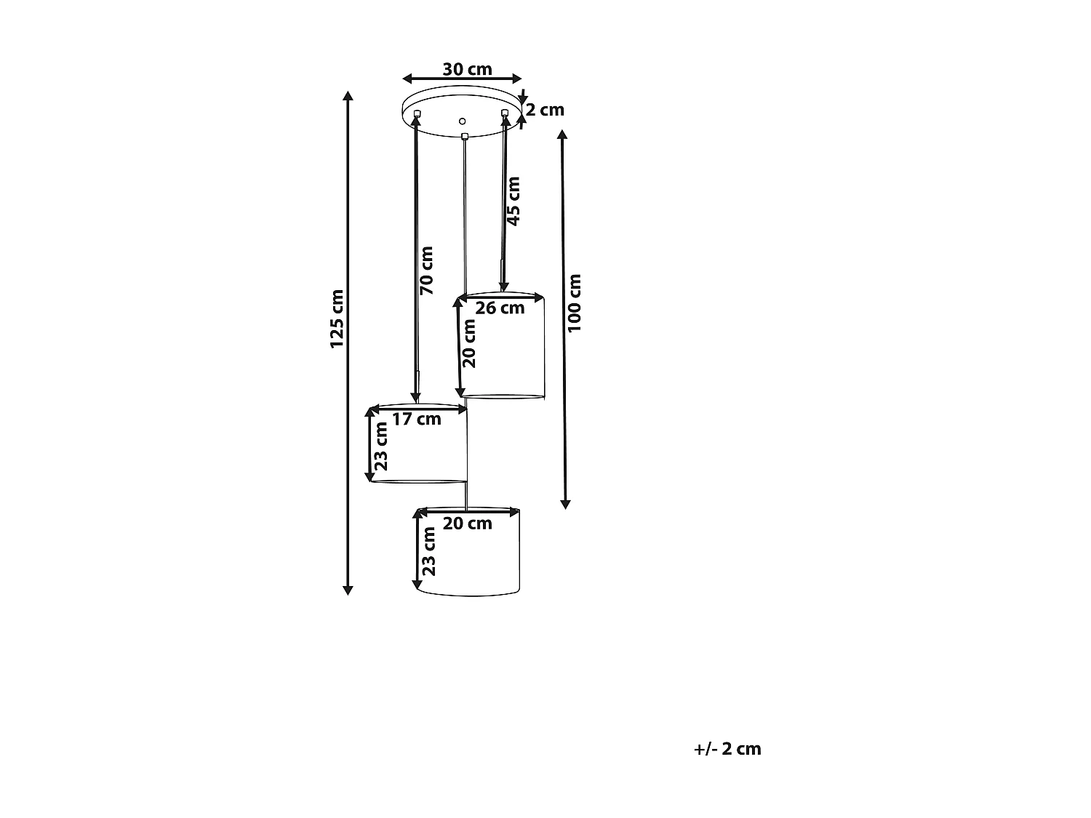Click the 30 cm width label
pyautogui.click(x=467, y=70)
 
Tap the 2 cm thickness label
pyautogui.click(x=545, y=110)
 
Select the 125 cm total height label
pyautogui.click(x=337, y=319)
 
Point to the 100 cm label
pyautogui.click(x=574, y=303)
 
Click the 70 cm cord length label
pyautogui.click(x=426, y=270)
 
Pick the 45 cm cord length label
pyautogui.click(x=513, y=201)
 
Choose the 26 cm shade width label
pyautogui.click(x=500, y=308)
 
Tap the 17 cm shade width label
pyautogui.click(x=417, y=420)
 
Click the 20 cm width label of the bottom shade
pyautogui.click(x=467, y=524)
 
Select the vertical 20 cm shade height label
pyautogui.click(x=468, y=343)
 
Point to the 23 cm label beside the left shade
pyautogui.click(x=380, y=446)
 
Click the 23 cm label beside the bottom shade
pyautogui.click(x=428, y=552)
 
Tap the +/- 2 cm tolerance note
pyautogui.click(x=727, y=749)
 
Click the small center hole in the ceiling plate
pyautogui.click(x=463, y=121)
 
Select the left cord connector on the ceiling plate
pyautogui.click(x=417, y=113)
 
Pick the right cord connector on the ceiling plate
pyautogui.click(x=505, y=113)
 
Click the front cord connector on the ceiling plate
pyautogui.click(x=465, y=137)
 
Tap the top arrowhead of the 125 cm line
pyautogui.click(x=348, y=96)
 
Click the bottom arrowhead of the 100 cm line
pyautogui.click(x=565, y=505)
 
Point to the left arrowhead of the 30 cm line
pyautogui.click(x=407, y=79)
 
